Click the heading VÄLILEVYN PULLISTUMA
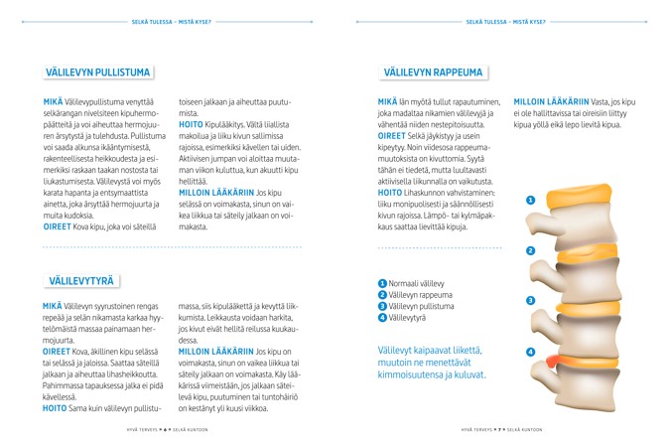[98, 73]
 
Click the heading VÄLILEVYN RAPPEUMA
[433, 73]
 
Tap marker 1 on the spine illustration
[531, 201]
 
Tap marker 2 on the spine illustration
[531, 250]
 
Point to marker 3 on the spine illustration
[531, 300]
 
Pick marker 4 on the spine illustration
[531, 352]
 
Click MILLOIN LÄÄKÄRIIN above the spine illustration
[550, 101]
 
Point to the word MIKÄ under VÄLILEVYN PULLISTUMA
[53, 101]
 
